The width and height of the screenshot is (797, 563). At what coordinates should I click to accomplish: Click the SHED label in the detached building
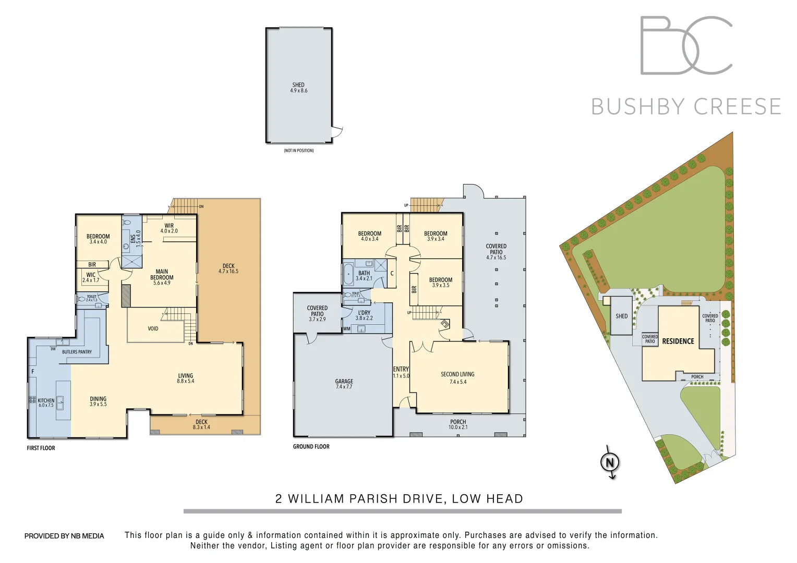[x=298, y=85]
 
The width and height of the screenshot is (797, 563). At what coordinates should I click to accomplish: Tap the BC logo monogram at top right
[x=686, y=45]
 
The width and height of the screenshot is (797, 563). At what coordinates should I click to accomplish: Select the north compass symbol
[x=609, y=462]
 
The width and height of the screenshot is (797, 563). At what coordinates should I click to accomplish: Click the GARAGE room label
[x=344, y=382]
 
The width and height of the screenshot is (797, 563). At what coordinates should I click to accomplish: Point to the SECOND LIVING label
[x=457, y=374]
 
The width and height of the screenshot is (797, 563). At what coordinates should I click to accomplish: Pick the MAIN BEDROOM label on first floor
[x=162, y=274]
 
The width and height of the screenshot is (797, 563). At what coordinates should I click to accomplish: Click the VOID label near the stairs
[x=153, y=328]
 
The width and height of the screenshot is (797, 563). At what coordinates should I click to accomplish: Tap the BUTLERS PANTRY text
[x=77, y=352]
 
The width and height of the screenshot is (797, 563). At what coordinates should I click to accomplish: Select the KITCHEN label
[x=46, y=400]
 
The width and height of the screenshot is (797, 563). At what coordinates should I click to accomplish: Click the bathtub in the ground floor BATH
[x=348, y=274]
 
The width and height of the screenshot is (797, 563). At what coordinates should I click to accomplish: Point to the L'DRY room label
[x=364, y=313]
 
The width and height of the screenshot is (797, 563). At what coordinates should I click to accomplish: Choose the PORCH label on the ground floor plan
[x=458, y=422]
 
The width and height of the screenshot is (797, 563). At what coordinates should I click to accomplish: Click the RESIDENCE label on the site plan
[x=678, y=341]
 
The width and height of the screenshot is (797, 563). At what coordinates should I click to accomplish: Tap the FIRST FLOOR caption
[x=41, y=448]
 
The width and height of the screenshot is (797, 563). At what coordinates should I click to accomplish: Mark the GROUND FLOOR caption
[x=311, y=446]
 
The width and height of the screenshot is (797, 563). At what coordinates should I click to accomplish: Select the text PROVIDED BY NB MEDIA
[x=64, y=536]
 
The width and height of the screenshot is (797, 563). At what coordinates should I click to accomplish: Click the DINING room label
[x=98, y=399]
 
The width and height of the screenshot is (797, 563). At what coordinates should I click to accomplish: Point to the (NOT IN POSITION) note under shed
[x=298, y=151]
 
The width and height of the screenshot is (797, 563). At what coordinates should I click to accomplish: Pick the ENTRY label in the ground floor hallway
[x=401, y=369]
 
